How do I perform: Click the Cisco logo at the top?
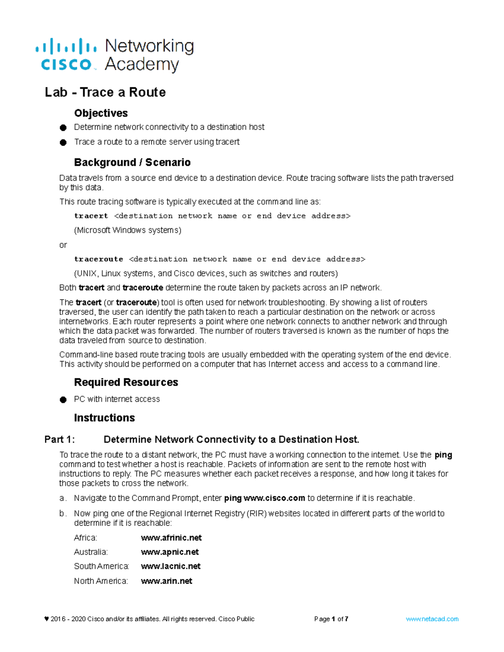66,55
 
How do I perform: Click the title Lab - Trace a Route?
105,92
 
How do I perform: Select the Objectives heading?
101,113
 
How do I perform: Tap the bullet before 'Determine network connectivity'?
63,128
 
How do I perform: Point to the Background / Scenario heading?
132,162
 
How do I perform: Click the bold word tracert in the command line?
91,216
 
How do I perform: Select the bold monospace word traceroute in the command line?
99,259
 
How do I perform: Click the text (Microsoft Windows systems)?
128,230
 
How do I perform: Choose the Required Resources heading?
126,382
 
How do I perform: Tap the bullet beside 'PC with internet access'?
63,400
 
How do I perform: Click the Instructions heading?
105,418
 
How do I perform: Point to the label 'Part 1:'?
60,440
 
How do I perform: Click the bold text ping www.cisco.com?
265,498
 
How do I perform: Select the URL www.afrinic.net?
171,538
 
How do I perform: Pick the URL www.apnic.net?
170,552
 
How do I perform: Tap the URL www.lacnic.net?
171,566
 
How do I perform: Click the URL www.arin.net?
167,581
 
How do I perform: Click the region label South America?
101,566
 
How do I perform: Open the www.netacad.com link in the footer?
432,619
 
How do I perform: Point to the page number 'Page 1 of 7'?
331,619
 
